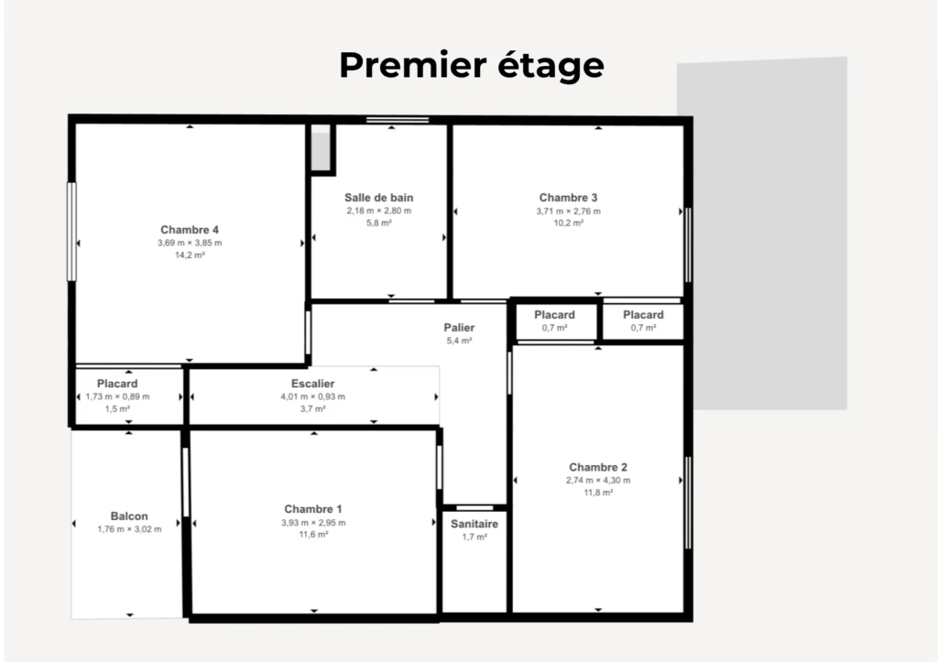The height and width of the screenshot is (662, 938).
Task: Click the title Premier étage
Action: tap(472, 65)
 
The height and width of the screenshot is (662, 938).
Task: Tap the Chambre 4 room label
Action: tap(190, 230)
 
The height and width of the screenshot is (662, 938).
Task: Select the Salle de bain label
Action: tap(378, 198)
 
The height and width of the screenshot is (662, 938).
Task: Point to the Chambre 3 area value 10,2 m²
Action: tap(568, 223)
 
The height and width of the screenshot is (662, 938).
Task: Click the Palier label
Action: tap(459, 328)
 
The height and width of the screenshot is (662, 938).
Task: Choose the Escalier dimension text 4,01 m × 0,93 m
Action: tap(313, 396)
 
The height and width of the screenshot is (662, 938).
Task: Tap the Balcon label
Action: tap(129, 516)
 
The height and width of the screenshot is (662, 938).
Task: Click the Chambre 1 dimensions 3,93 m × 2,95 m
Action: tap(313, 523)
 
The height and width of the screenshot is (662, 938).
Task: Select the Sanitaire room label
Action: tap(474, 524)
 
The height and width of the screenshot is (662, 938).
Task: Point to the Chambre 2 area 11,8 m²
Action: tap(598, 493)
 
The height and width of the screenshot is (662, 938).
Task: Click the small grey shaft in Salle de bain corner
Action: tap(322, 151)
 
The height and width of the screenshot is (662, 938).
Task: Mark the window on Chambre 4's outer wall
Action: tap(71, 232)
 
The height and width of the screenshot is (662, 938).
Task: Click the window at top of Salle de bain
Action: tap(398, 120)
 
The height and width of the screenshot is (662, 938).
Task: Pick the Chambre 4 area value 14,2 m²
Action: tap(190, 255)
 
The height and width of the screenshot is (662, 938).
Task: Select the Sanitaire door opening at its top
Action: tap(475, 508)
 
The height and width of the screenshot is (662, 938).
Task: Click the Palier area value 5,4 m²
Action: tap(459, 341)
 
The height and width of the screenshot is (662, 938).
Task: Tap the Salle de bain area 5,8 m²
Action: tap(378, 223)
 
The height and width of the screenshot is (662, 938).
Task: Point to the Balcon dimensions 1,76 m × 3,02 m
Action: tap(129, 529)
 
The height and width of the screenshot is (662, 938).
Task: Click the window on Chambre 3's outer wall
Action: tap(688, 244)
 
